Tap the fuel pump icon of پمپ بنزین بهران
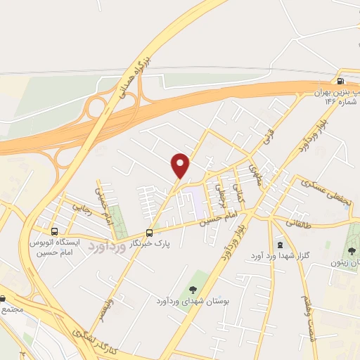pos(342,81)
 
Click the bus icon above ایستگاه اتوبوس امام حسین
pos(54,231)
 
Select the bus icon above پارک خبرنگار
pos(149,233)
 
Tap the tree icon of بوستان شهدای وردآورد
pos(192,290)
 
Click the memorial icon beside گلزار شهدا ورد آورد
pos(280,244)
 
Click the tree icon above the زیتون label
pos(352,251)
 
